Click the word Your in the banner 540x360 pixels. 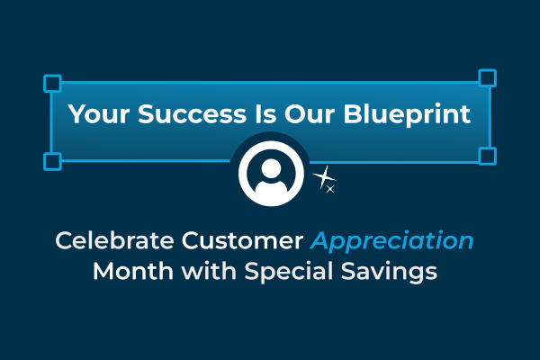pyautogui.click(x=98, y=114)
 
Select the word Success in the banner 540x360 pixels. pyautogui.click(x=193, y=114)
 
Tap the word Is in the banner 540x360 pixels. pyautogui.click(x=265, y=114)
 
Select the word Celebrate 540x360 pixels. pyautogui.click(x=114, y=240)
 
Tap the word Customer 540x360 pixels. pyautogui.click(x=242, y=240)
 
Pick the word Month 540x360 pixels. pyautogui.click(x=133, y=271)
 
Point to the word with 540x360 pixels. pyautogui.click(x=209, y=271)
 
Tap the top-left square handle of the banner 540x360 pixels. pyautogui.click(x=52, y=84)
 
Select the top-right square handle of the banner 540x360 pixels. pyautogui.click(x=487, y=78)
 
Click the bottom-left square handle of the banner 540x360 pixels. pyautogui.click(x=52, y=162)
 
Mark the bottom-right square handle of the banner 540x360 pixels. pyautogui.click(x=487, y=156)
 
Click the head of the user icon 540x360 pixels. pyautogui.click(x=271, y=168)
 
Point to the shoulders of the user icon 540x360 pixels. pyautogui.click(x=271, y=187)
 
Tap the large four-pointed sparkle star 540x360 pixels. pyautogui.click(x=323, y=177)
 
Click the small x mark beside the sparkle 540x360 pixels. pyautogui.click(x=330, y=189)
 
